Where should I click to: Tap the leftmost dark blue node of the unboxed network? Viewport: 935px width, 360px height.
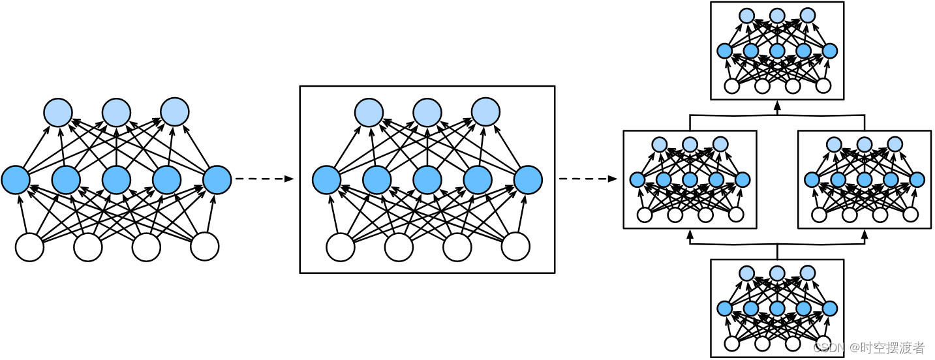(x=16, y=180)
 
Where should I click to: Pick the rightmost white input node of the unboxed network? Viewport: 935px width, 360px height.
(x=204, y=247)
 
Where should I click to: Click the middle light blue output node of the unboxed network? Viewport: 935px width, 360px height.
(x=116, y=112)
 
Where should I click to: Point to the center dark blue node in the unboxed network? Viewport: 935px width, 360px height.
(x=116, y=180)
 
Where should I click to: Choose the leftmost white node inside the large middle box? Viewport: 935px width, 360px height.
(x=340, y=247)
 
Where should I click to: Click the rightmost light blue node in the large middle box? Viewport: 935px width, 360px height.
(x=485, y=112)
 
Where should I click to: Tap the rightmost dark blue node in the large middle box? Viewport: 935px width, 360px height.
(x=528, y=180)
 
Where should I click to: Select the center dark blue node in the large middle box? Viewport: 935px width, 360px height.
(x=427, y=180)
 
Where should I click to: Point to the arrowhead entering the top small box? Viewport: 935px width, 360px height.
(x=777, y=104)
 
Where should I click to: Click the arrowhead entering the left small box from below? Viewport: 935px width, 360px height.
(x=690, y=233)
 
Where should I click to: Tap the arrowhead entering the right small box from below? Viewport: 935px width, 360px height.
(x=865, y=233)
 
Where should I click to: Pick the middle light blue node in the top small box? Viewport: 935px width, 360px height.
(x=777, y=16)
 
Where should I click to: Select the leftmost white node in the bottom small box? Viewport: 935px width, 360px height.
(x=732, y=343)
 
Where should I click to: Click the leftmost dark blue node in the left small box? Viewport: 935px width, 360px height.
(x=637, y=180)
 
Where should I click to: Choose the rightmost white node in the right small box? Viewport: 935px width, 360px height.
(x=911, y=214)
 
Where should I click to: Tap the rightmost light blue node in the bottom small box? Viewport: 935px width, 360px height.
(x=808, y=273)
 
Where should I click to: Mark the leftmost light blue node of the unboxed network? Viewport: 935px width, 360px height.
(x=58, y=112)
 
